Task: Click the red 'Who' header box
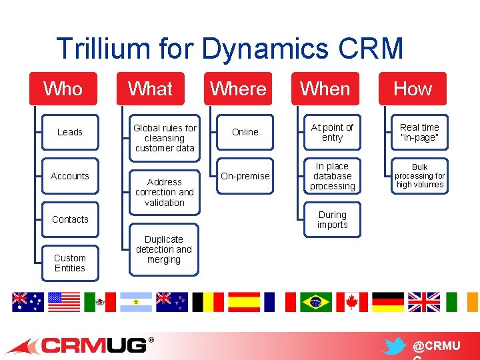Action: [63, 89]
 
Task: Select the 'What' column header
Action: [150, 89]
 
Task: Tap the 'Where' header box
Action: [238, 89]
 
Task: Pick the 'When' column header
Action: [325, 89]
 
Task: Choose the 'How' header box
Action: [413, 89]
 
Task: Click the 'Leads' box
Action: [70, 132]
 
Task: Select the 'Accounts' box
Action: [70, 176]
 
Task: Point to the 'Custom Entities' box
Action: [70, 263]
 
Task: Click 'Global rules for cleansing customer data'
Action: [165, 137]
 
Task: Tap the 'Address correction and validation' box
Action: [165, 192]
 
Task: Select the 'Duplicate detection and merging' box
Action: [164, 249]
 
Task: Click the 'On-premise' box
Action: [245, 176]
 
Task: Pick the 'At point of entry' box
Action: [332, 132]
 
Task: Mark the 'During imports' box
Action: [332, 220]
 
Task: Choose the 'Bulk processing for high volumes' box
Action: [420, 176]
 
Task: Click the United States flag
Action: [64, 302]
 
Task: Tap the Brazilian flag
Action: [315, 302]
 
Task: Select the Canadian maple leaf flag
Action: [351, 302]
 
